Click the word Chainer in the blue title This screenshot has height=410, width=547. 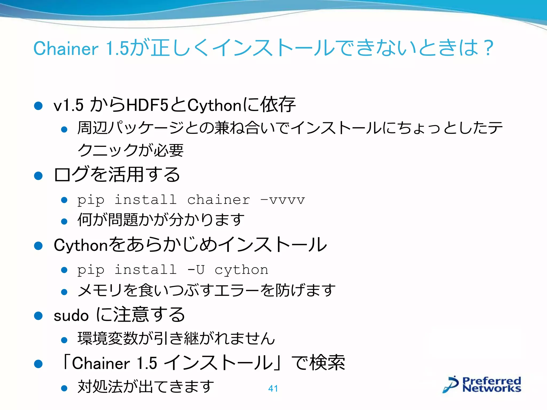pyautogui.click(x=66, y=49)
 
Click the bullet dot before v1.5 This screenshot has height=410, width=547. pyautogui.click(x=38, y=106)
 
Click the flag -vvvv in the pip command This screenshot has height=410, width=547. pyautogui.click(x=283, y=200)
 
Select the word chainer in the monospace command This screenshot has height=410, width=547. pyautogui.click(x=218, y=200)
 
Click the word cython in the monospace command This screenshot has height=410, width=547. pyautogui.click(x=241, y=270)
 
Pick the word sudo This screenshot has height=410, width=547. pyautogui.click(x=71, y=316)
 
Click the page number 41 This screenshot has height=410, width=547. pyautogui.click(x=273, y=388)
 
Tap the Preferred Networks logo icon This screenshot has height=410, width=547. pyautogui.click(x=451, y=384)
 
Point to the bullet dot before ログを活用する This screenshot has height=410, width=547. pyautogui.click(x=38, y=176)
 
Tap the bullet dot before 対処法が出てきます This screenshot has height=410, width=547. pyautogui.click(x=64, y=388)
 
